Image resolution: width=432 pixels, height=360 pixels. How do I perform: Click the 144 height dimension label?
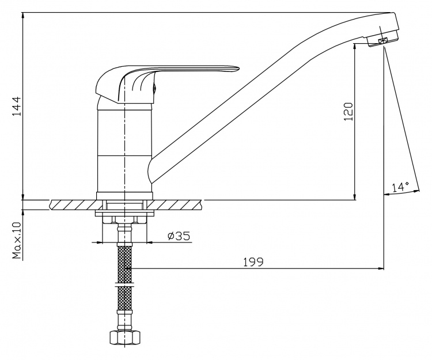16,106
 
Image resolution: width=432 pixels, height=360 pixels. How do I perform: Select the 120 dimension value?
348,111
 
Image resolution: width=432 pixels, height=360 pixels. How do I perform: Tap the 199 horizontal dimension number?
253,262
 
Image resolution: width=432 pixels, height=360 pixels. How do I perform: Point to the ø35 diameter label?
179,236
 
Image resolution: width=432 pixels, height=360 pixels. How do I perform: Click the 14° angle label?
400,187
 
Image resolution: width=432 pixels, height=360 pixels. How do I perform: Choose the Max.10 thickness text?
17,240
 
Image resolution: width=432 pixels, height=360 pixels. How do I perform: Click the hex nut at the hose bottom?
126,337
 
